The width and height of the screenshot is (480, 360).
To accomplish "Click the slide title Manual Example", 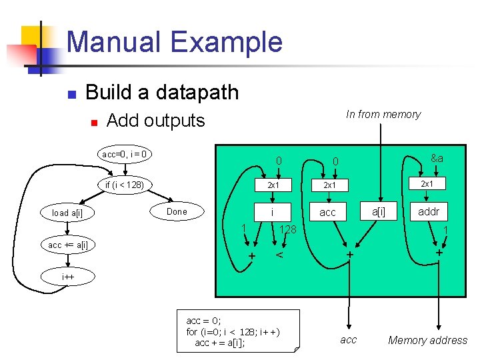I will click(174, 41).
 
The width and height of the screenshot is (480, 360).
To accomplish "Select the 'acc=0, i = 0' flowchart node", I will click(125, 155).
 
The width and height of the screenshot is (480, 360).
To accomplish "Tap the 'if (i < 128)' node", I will click(125, 184).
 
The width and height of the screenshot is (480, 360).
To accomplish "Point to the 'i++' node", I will click(68, 275).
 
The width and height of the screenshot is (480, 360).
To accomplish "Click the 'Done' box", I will click(177, 211).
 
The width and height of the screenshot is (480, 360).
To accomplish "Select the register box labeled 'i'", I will click(273, 212).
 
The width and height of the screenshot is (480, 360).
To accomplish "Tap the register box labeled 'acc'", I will click(328, 212).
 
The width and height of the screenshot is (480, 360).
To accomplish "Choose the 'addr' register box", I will click(428, 211).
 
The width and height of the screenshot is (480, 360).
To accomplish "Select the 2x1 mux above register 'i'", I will click(273, 185).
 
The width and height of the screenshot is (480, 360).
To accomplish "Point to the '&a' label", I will click(437, 159).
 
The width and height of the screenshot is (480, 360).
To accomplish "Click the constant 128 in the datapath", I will click(287, 229).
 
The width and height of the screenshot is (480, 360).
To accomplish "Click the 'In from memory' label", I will click(383, 115).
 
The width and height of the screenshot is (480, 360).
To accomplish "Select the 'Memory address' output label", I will click(427, 341).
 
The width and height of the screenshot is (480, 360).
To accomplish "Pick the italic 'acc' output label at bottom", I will click(348, 340).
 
